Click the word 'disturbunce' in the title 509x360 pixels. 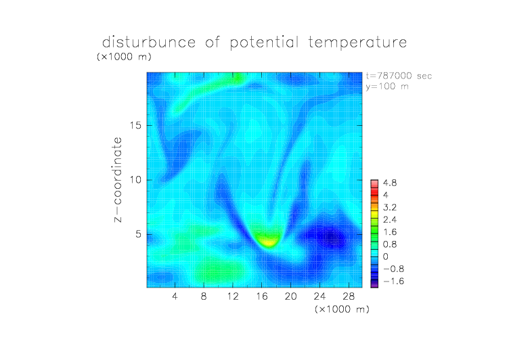149,42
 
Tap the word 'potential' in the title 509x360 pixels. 264,43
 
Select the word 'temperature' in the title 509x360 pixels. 357,42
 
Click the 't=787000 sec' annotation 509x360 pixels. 399,76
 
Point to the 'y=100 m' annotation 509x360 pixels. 387,87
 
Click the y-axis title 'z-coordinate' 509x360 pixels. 118,179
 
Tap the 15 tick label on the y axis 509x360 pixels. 135,125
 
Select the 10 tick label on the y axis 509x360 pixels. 135,180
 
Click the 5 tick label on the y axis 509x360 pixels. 139,234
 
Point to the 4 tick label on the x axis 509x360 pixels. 175,296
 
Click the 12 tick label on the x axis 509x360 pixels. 233,296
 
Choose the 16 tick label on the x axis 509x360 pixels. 262,296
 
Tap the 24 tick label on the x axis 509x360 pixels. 319,296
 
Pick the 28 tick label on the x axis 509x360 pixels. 349,296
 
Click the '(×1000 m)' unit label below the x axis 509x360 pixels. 342,309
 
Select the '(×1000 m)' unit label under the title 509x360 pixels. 124,56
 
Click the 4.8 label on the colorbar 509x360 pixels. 390,183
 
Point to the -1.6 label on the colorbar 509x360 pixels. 393,281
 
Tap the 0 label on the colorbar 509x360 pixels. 386,256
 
